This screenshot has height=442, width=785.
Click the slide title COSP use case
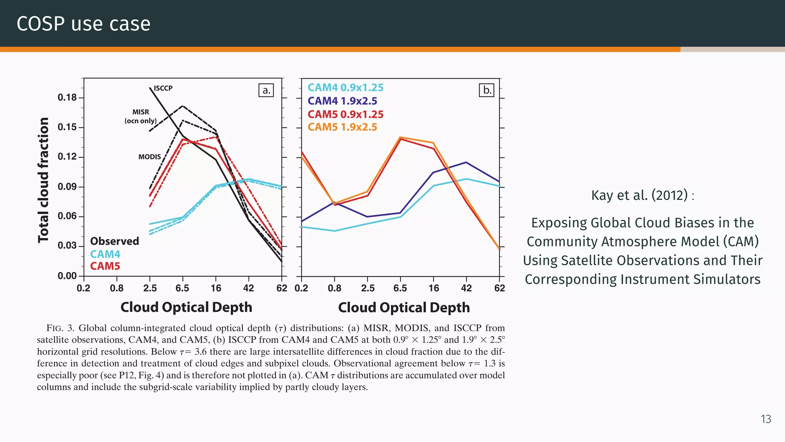[84, 24]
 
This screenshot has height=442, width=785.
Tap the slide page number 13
[765, 419]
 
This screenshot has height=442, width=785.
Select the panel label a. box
[266, 90]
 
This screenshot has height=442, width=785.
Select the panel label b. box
[486, 90]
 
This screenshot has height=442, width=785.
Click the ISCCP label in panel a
[163, 88]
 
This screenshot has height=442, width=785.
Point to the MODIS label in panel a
[149, 157]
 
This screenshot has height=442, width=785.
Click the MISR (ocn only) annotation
[140, 116]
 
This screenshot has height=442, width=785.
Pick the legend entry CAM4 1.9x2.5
[342, 101]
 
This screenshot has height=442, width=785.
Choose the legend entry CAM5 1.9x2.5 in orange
[342, 127]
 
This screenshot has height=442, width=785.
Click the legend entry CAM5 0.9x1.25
[345, 114]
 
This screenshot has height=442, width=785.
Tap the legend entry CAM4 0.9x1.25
[345, 87]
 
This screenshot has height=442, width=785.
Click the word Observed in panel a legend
[114, 241]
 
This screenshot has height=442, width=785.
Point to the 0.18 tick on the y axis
[67, 97]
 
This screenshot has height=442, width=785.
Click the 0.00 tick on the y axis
[67, 276]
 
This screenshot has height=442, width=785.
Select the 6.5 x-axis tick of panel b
[400, 288]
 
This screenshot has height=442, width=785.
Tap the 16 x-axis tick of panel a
[216, 288]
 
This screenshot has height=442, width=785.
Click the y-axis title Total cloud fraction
[43, 180]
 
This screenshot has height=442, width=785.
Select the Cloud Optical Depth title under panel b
[404, 308]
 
